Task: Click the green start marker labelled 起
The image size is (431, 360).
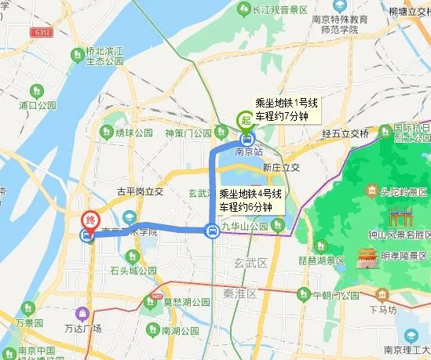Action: [x=245, y=120]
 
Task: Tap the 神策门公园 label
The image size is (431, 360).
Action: [x=188, y=133]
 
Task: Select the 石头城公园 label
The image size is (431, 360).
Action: [x=140, y=271]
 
